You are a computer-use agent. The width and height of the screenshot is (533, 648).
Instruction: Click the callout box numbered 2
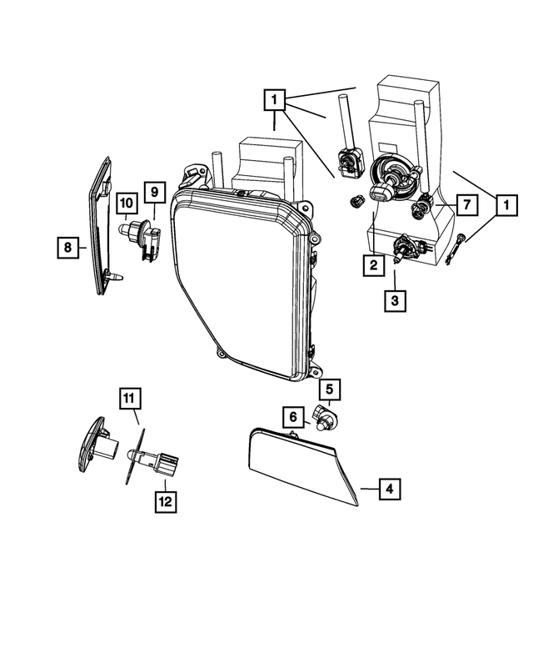tap(373, 266)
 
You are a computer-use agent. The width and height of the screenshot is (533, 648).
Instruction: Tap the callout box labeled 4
tap(388, 490)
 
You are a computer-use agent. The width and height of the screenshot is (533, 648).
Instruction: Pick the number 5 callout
tap(329, 389)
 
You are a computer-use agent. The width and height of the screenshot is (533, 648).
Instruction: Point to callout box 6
tap(294, 415)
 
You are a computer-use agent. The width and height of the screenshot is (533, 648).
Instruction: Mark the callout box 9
tap(153, 193)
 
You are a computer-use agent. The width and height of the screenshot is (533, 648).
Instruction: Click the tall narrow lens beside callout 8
tap(101, 225)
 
